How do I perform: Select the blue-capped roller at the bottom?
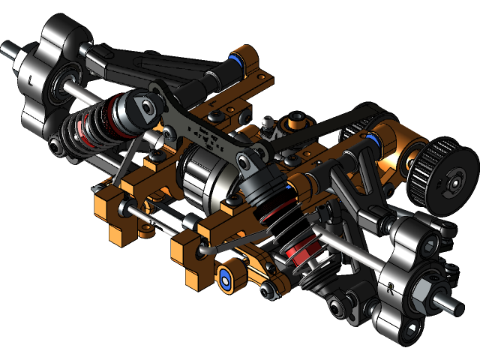(226, 277)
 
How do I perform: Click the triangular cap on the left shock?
(139, 110)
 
